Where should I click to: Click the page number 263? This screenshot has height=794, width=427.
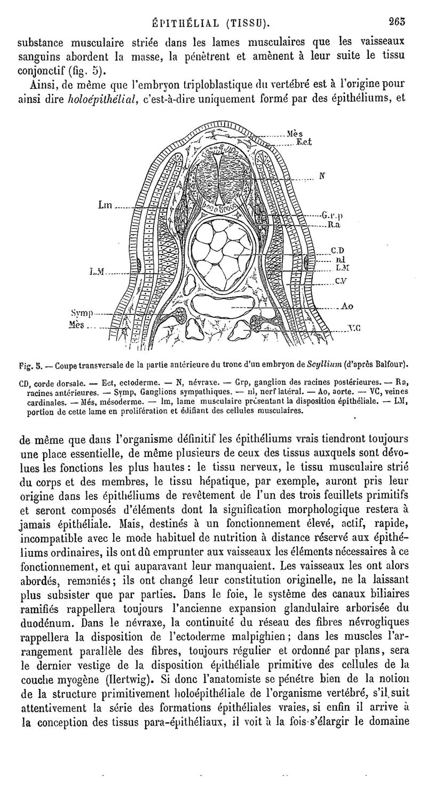[x=398, y=22]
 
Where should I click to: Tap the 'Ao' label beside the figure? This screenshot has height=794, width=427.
[x=347, y=306]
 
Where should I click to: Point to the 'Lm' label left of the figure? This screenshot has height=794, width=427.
[x=105, y=204]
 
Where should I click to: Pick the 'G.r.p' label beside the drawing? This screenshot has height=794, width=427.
[x=331, y=216]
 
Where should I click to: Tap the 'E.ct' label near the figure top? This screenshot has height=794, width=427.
[x=305, y=142]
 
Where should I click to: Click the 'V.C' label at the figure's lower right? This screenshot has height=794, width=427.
[x=354, y=329]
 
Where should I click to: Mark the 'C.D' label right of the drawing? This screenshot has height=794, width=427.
[x=337, y=250]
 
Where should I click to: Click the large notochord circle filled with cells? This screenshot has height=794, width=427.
[x=218, y=248]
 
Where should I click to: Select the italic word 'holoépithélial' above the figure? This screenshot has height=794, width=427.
[x=100, y=98]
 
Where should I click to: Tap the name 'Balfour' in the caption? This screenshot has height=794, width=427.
[x=392, y=364]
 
